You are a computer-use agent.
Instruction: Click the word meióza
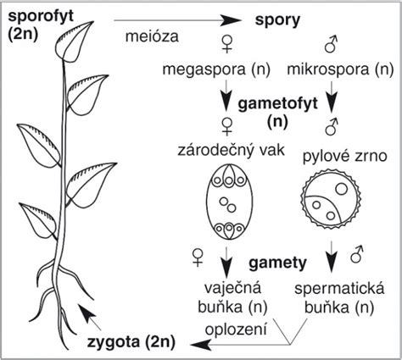pyautogui.click(x=152, y=36)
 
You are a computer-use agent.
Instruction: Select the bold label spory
pyautogui.click(x=277, y=21)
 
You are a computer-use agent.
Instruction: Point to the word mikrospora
pyautogui.click(x=327, y=69)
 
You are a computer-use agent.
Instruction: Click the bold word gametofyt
pyautogui.click(x=278, y=104)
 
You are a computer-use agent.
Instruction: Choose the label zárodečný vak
pyautogui.click(x=231, y=150)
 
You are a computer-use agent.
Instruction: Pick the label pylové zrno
pyautogui.click(x=345, y=156)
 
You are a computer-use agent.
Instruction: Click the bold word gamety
pyautogui.click(x=277, y=263)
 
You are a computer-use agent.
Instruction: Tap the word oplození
pyautogui.click(x=236, y=330)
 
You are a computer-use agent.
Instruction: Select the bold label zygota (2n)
pyautogui.click(x=131, y=342)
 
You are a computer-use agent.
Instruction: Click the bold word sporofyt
pyautogui.click(x=41, y=16)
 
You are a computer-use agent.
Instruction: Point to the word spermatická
pyautogui.click(x=339, y=289)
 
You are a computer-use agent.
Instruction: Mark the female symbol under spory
pyautogui.click(x=226, y=45)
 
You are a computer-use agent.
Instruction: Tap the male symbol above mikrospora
pyautogui.click(x=331, y=44)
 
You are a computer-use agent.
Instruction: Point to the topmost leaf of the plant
pyautogui.click(x=73, y=42)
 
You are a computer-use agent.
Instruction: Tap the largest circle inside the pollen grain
pyautogui.click(x=342, y=189)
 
